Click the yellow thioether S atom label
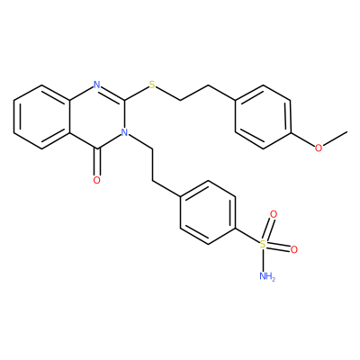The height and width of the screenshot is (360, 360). coord(153,85)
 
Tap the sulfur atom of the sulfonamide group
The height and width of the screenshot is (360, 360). coord(263,244)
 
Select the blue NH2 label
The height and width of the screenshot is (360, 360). coord(266,275)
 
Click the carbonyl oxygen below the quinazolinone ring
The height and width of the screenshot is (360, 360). coord(96,180)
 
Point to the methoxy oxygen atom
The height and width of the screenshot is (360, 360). coord(319,148)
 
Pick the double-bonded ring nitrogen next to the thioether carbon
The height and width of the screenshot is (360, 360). coord(96,85)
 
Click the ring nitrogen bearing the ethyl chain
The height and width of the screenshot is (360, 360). coord(124,131)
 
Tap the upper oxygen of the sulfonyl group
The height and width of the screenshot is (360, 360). coord(273,214)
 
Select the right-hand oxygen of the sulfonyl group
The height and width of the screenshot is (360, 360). coord(293,249)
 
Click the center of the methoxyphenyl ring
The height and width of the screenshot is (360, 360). coord(263,116)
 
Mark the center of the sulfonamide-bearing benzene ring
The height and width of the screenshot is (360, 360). coord(208,212)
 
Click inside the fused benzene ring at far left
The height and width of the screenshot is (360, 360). coord(41,116)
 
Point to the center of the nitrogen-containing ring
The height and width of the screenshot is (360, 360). coord(97,116)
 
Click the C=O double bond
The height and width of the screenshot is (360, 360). coord(96,162)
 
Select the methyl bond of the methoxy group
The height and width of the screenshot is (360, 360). coord(335,139)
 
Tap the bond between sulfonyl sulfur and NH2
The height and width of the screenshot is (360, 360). coord(263,260)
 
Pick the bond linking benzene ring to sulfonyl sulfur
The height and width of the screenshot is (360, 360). coord(247,236)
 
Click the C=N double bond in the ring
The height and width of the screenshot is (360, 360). coord(112,92)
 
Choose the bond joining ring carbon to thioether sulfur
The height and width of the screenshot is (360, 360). coord(137,93)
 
